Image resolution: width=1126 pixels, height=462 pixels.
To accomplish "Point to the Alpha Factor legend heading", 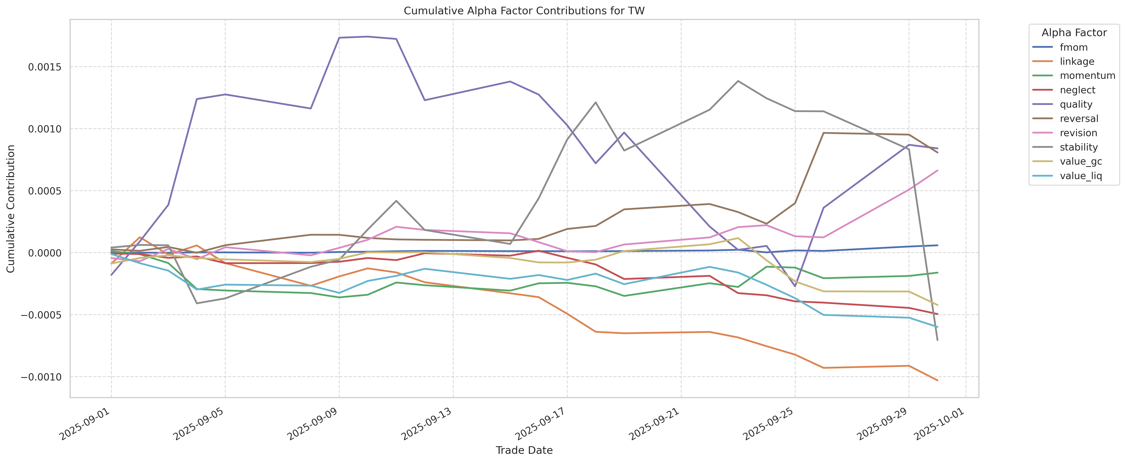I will pos(1074,33).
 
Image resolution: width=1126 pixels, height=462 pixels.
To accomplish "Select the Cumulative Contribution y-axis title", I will pos(11,209).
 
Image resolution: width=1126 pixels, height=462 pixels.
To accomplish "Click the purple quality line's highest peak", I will pos(368,37).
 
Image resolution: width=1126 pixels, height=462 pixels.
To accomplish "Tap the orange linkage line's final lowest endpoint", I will pos(937,380).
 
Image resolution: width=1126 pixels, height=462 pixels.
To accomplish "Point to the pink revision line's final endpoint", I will pos(937,170).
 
